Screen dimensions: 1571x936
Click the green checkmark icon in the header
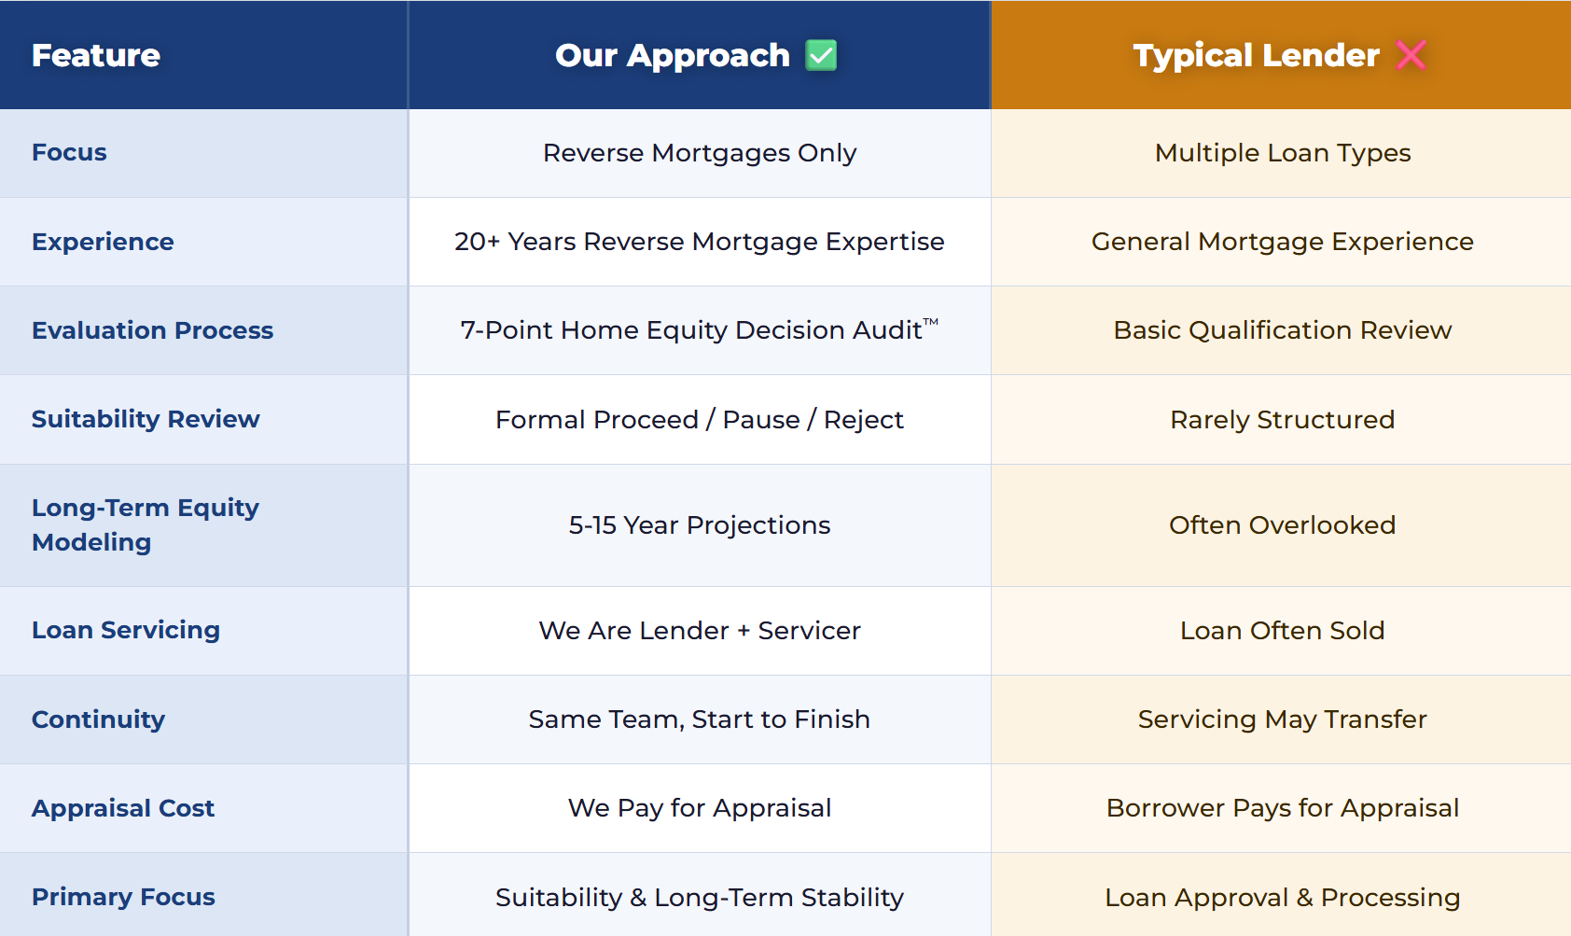tap(821, 55)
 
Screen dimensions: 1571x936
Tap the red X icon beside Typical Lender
tap(1411, 55)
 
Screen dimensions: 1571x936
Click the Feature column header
tap(96, 55)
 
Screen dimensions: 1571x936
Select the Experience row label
tap(104, 242)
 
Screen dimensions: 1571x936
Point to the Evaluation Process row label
tap(152, 329)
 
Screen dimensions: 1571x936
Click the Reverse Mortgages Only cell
tap(700, 153)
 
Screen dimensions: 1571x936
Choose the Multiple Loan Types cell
tap(1282, 153)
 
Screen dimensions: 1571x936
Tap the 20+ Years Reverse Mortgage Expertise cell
tap(700, 242)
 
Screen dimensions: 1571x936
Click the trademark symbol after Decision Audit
tap(930, 322)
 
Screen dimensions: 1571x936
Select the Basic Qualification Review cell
tap(1282, 329)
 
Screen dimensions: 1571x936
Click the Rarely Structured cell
tap(1282, 420)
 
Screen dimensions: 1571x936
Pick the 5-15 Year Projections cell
tap(700, 524)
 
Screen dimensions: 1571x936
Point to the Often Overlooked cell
tap(1282, 524)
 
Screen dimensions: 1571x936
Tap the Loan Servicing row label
tap(126, 630)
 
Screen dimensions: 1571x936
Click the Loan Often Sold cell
tap(1282, 630)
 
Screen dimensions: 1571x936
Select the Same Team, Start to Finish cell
tap(700, 719)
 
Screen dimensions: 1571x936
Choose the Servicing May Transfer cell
tap(1282, 719)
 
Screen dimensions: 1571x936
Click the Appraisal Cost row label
tap(123, 808)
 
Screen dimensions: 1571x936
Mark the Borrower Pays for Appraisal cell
tap(1282, 808)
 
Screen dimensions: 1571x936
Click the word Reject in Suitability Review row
tap(863, 420)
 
